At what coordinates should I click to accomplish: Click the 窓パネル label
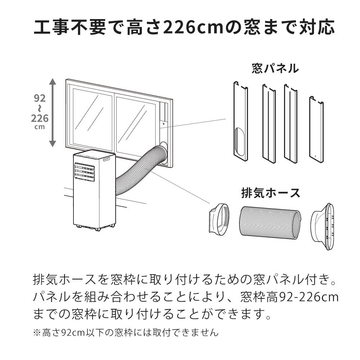[x=275, y=69]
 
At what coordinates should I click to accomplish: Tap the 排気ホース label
[x=271, y=193]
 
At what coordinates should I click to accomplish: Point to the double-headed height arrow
[x=53, y=112]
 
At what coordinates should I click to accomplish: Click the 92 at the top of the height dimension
[x=40, y=98]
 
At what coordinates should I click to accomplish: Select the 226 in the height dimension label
[x=40, y=118]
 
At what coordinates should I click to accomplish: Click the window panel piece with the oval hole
[x=240, y=122]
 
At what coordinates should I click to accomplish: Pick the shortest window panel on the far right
[x=316, y=130]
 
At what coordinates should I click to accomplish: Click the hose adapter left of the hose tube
[x=219, y=219]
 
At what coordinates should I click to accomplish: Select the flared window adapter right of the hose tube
[x=323, y=227]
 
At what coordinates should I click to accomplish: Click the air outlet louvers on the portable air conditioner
[x=85, y=172]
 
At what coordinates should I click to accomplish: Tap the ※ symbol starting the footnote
[x=37, y=332]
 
